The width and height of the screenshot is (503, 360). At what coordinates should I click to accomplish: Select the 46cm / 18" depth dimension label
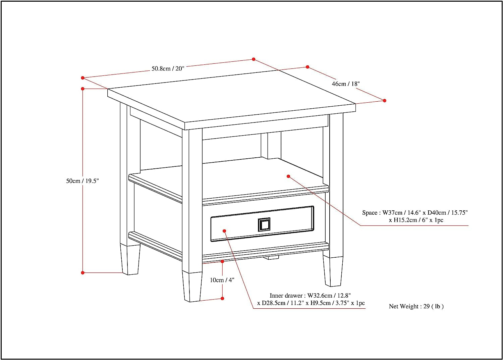coord(345,84)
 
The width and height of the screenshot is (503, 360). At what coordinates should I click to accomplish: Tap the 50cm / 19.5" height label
coord(82,181)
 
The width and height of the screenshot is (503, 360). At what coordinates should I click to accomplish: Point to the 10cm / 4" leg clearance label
coord(222,280)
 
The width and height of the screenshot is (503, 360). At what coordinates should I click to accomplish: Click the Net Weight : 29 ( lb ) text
coord(416,306)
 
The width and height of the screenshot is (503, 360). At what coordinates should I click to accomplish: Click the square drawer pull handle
coord(264,224)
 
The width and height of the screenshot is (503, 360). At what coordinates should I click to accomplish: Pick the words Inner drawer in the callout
coord(286,296)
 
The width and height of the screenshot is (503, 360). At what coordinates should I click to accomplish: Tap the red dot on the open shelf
coord(288,176)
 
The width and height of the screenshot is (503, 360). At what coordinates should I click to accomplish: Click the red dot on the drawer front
coord(224,231)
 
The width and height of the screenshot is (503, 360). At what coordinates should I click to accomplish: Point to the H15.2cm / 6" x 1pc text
coord(416,220)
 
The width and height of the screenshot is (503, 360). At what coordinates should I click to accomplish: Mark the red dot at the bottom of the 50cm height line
coord(82,273)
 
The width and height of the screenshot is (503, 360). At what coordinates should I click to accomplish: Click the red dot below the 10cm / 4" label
coord(222,298)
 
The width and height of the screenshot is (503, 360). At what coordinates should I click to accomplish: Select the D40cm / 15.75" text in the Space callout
coord(447,213)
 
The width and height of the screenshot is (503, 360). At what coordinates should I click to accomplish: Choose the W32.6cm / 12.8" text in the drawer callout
coord(329,296)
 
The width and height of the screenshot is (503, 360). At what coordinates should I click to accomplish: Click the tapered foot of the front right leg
coord(333,272)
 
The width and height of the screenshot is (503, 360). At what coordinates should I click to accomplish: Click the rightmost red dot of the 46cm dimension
coord(385,101)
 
